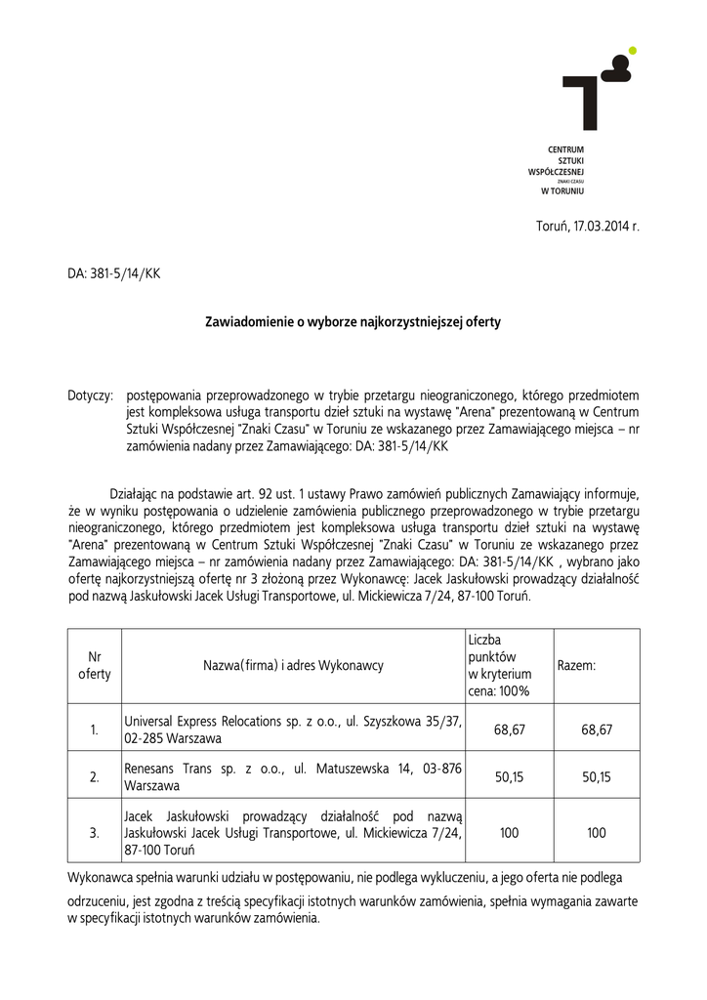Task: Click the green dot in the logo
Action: (632, 50)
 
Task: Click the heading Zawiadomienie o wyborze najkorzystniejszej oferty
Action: (352, 321)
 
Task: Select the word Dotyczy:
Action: (91, 396)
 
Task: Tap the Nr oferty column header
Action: (94, 666)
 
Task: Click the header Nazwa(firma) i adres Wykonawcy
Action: (293, 666)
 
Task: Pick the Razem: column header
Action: (576, 666)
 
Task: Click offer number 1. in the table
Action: (94, 729)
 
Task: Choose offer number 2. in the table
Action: (94, 777)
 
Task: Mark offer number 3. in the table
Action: (94, 833)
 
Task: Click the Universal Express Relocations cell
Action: (293, 729)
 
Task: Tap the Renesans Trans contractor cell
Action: (293, 776)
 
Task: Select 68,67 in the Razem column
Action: (597, 729)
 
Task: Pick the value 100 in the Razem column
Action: (597, 833)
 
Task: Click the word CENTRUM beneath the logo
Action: (565, 149)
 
